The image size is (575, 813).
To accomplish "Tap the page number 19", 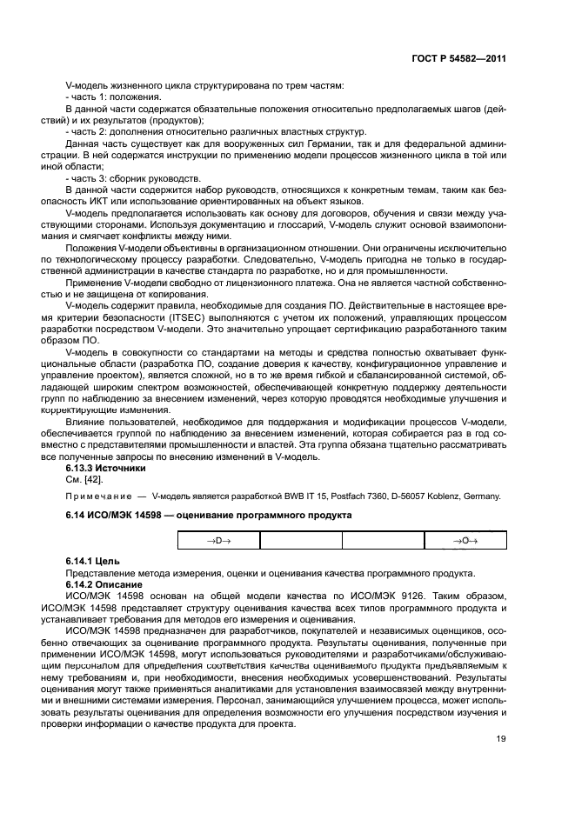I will [x=500, y=741].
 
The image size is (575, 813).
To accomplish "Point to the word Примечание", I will [x=98, y=496].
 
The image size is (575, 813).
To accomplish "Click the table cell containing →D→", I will [x=218, y=541].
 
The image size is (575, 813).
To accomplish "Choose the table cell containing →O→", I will [x=465, y=541].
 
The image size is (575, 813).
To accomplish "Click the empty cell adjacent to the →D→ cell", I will [x=300, y=541].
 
